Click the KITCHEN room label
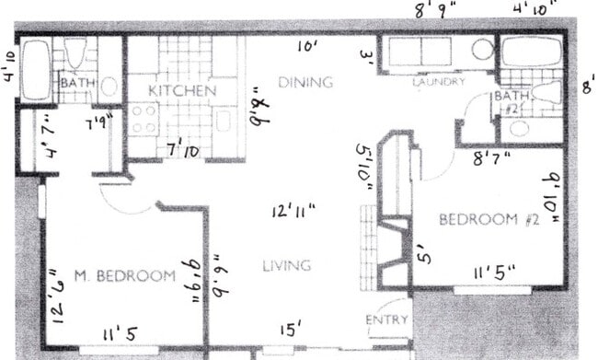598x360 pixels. click(x=182, y=90)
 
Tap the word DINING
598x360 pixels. click(x=305, y=82)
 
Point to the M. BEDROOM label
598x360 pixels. click(x=124, y=275)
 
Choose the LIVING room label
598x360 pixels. click(x=287, y=265)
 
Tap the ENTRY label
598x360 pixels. click(x=386, y=319)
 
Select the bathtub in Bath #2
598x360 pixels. click(x=531, y=51)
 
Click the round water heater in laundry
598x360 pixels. click(x=483, y=51)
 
